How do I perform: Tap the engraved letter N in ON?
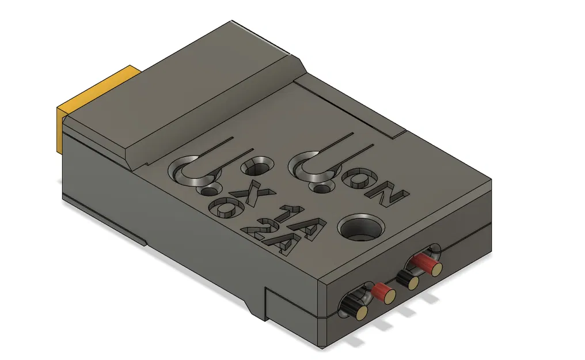(389, 196)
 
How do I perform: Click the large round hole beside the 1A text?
(361, 227)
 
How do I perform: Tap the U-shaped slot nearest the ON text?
(314, 164)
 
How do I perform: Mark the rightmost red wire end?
(427, 264)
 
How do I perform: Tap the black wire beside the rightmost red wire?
(408, 280)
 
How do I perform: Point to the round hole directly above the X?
(255, 169)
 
